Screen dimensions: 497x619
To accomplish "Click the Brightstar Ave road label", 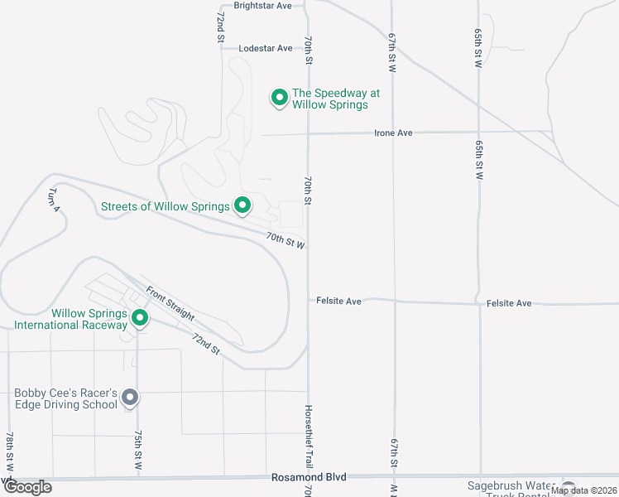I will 263,6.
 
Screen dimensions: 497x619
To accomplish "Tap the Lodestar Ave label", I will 266,48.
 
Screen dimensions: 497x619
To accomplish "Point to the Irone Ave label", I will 393,133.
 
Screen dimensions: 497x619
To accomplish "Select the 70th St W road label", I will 286,241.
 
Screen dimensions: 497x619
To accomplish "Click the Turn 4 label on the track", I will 55,199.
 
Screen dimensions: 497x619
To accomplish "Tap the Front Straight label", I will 170,304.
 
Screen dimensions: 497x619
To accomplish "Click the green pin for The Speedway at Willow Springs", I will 280,99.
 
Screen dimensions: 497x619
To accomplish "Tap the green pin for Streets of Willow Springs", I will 242,205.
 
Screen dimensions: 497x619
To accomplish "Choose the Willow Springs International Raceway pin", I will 140,318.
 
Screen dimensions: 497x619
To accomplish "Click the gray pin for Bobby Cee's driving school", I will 130,398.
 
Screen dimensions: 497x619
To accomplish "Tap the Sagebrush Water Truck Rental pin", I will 569,488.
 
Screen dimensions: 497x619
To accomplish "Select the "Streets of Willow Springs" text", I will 165,206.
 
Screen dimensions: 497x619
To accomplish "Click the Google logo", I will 27,487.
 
